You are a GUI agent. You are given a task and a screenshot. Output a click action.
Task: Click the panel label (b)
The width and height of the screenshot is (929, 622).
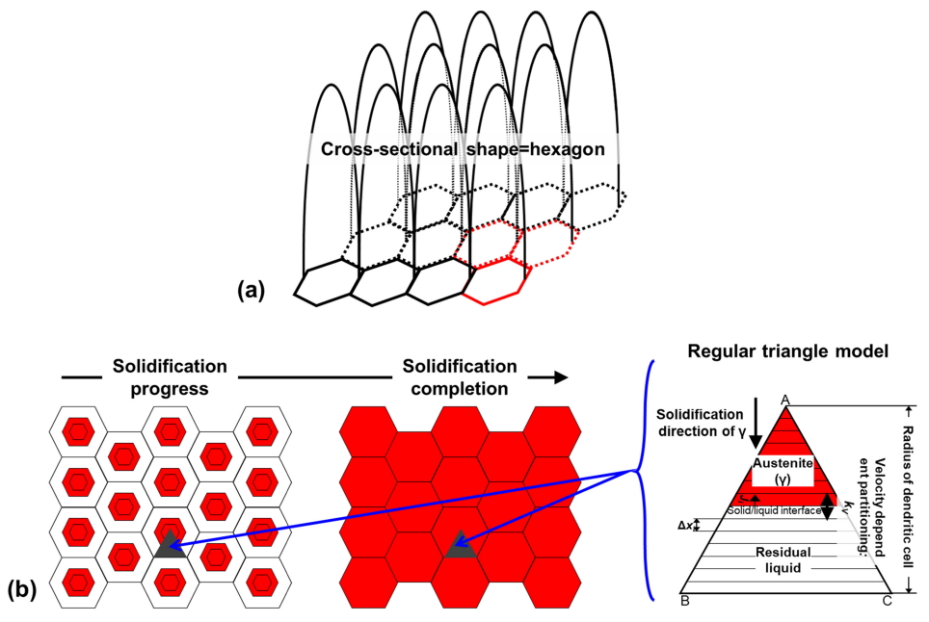[22, 587]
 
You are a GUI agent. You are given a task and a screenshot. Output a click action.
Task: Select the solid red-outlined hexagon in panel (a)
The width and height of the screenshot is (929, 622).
[496, 282]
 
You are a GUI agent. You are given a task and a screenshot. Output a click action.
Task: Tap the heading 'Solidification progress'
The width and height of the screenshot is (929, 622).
[170, 376]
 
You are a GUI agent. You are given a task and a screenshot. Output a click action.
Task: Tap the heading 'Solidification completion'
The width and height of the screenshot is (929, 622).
[460, 376]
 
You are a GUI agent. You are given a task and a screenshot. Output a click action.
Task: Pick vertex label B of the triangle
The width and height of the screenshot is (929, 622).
[683, 602]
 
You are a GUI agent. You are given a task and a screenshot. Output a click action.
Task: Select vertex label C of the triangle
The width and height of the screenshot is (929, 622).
[889, 602]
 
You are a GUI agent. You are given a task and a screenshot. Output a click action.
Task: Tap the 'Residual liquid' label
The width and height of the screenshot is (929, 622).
[782, 560]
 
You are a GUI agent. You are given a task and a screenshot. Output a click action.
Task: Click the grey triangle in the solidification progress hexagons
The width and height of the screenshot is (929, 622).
[170, 545]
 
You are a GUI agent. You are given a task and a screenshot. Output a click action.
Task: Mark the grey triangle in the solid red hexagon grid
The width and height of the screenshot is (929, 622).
[458, 545]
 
